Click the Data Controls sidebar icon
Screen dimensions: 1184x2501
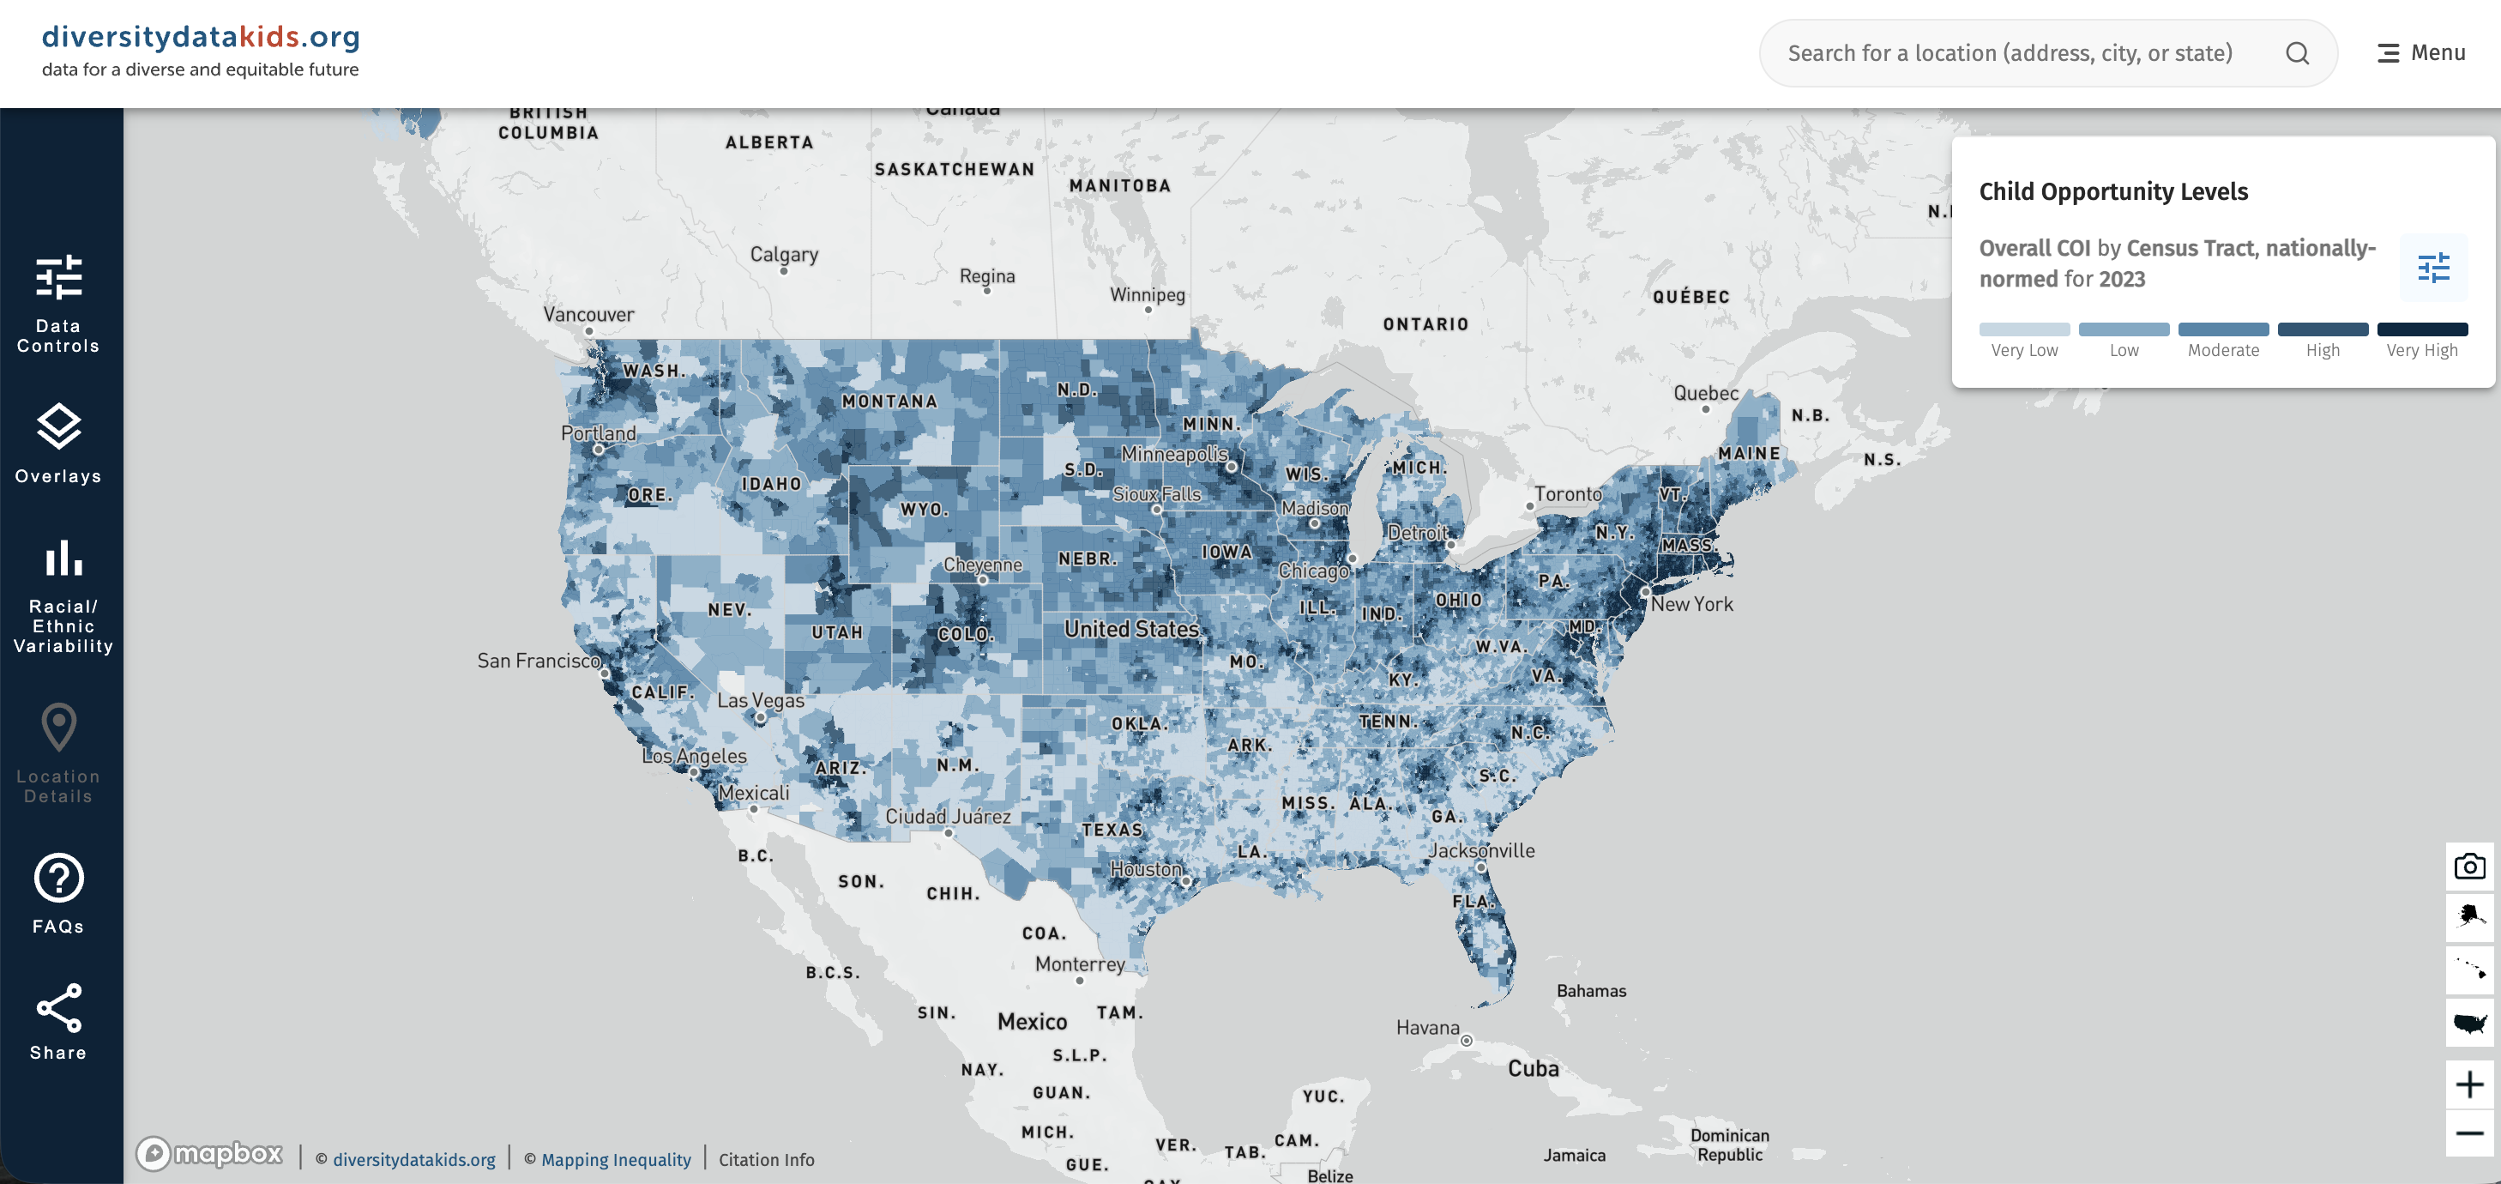pyautogui.click(x=58, y=279)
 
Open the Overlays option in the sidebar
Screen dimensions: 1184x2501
pyautogui.click(x=58, y=427)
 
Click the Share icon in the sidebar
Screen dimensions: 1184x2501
pyautogui.click(x=58, y=1009)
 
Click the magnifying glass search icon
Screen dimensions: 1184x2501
pyautogui.click(x=2297, y=53)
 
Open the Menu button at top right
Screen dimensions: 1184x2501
pyautogui.click(x=2420, y=53)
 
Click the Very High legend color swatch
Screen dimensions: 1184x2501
pyautogui.click(x=2421, y=329)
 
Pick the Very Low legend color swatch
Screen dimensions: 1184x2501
pyautogui.click(x=2024, y=329)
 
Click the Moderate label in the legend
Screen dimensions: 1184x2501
pyautogui.click(x=2222, y=351)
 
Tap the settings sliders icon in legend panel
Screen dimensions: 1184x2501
pyautogui.click(x=2433, y=267)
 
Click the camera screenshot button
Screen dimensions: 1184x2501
pyautogui.click(x=2469, y=866)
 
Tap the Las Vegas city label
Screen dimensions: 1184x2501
pyautogui.click(x=760, y=700)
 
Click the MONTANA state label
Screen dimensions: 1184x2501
pyautogui.click(x=889, y=402)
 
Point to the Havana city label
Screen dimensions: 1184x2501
pyautogui.click(x=1427, y=1028)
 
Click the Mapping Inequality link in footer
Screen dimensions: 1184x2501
pyautogui.click(x=616, y=1160)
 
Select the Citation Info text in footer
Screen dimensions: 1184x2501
pyautogui.click(x=766, y=1160)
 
